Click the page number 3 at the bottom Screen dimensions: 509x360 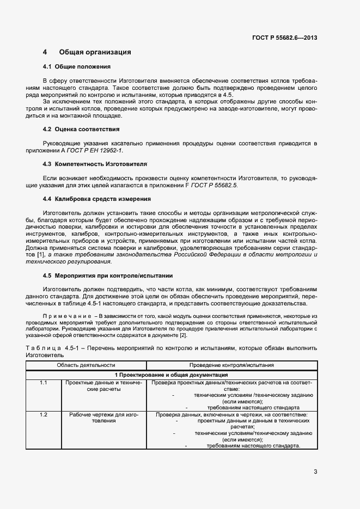pyautogui.click(x=315, y=471)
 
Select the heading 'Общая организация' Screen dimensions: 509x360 pyautogui.click(x=95, y=52)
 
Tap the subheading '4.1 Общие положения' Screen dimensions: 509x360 pyautogui.click(x=77, y=66)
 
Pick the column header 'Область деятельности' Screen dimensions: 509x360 pyautogui.click(x=86, y=365)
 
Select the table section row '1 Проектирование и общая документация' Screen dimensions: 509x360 pyautogui.click(x=171, y=375)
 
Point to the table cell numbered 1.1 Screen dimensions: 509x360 pyautogui.click(x=44, y=383)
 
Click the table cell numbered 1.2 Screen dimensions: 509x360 pyautogui.click(x=44, y=415)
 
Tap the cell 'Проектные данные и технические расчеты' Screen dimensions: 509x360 pyautogui.click(x=103, y=387)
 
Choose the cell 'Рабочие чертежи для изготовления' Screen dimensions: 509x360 pyautogui.click(x=103, y=418)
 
